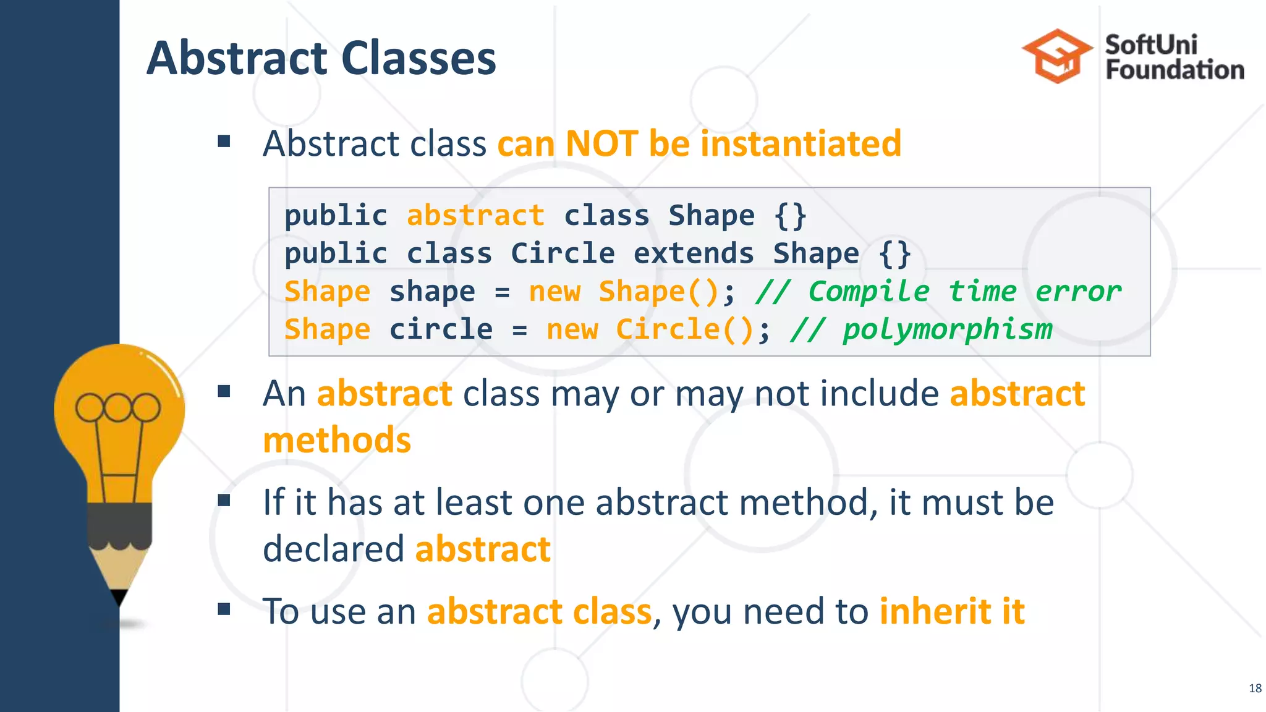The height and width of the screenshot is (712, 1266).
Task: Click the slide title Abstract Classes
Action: point(321,58)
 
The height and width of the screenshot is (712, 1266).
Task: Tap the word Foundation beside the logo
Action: point(1175,70)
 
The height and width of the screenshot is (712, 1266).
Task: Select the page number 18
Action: point(1255,689)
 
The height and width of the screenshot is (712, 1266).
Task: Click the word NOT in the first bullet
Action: point(601,143)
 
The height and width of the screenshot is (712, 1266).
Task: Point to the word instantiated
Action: point(801,143)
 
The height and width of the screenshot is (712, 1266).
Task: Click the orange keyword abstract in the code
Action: point(475,216)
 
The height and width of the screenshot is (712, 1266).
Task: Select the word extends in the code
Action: point(694,253)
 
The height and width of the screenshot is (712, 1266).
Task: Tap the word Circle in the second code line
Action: point(563,253)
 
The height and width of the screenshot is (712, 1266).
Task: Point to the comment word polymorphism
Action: point(947,329)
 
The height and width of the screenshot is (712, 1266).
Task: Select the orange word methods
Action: point(337,440)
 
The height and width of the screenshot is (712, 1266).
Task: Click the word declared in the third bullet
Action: point(334,549)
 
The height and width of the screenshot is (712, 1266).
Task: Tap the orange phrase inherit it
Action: point(952,611)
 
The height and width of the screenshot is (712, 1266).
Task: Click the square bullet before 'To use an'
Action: point(224,610)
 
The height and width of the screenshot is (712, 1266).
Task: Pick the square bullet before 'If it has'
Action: point(224,501)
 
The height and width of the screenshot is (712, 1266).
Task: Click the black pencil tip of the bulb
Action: point(119,597)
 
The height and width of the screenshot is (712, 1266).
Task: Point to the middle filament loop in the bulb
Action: point(118,407)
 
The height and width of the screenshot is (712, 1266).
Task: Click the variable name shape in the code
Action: point(432,291)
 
